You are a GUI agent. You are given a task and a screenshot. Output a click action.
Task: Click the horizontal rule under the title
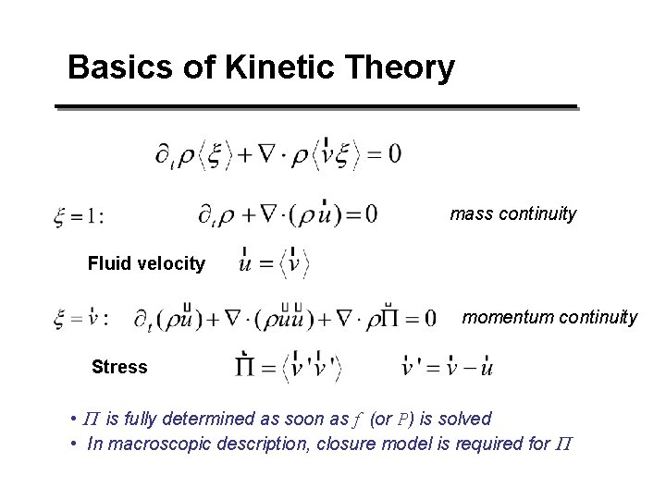tap(315, 107)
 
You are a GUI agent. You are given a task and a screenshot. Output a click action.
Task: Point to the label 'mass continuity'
tap(512, 214)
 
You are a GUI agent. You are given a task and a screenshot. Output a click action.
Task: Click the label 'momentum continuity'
tap(549, 317)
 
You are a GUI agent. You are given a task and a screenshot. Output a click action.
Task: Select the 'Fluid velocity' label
tap(146, 264)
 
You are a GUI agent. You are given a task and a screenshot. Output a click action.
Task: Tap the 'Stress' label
tap(119, 368)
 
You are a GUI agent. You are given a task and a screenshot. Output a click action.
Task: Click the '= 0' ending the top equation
tap(381, 154)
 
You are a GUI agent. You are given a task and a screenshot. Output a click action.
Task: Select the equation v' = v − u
tap(449, 367)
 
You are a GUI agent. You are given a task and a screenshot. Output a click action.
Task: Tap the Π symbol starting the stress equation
tap(247, 368)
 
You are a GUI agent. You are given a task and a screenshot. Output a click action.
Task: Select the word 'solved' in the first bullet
tap(466, 419)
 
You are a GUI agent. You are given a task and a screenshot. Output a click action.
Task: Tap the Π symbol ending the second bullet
tap(564, 444)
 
